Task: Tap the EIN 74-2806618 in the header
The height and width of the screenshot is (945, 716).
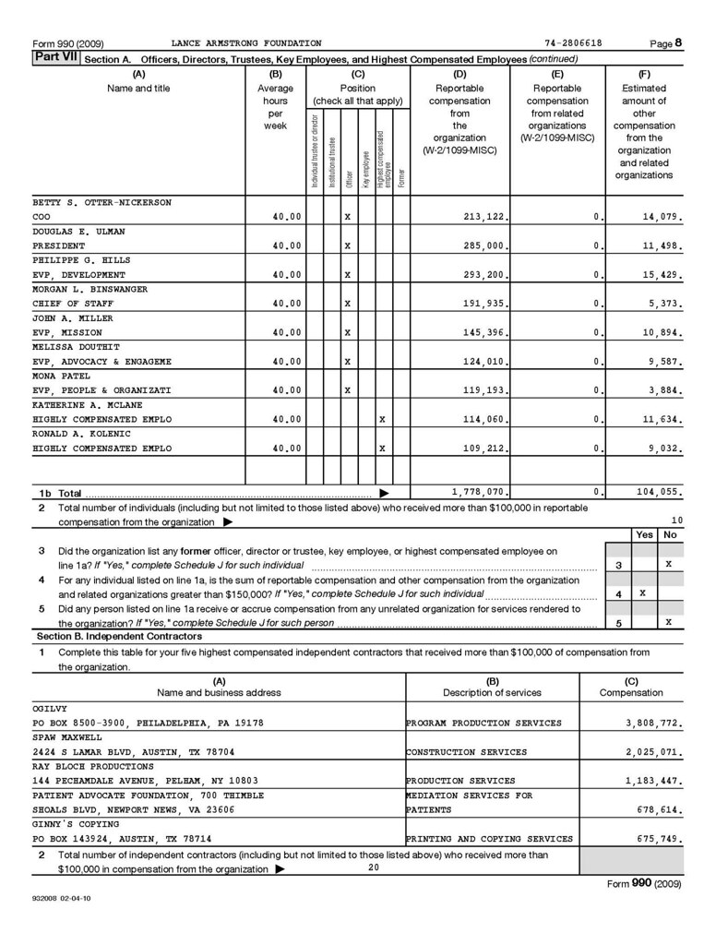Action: tap(573, 43)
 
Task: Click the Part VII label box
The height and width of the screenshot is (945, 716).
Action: tap(55, 58)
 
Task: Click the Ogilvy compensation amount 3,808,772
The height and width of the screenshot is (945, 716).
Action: tap(653, 723)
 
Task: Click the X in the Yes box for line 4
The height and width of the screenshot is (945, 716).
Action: tap(642, 594)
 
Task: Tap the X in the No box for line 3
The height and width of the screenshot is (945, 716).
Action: tap(669, 563)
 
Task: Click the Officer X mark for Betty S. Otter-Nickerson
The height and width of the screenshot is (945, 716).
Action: tap(347, 217)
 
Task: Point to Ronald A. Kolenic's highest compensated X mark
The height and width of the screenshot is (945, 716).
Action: tap(382, 449)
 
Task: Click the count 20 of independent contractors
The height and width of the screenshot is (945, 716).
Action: tap(373, 867)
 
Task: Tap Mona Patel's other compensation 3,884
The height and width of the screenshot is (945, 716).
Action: tap(666, 390)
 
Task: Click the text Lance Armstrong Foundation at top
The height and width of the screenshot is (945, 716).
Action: tap(246, 43)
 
